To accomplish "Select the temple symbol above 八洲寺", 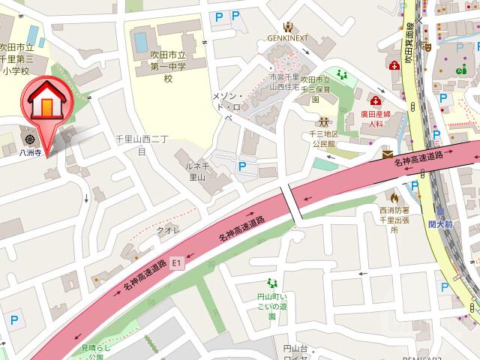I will click(x=30, y=138).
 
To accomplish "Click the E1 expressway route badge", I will click(x=176, y=263).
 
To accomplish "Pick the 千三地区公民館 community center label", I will click(x=324, y=138).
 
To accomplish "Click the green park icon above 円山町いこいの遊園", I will click(x=271, y=282).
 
